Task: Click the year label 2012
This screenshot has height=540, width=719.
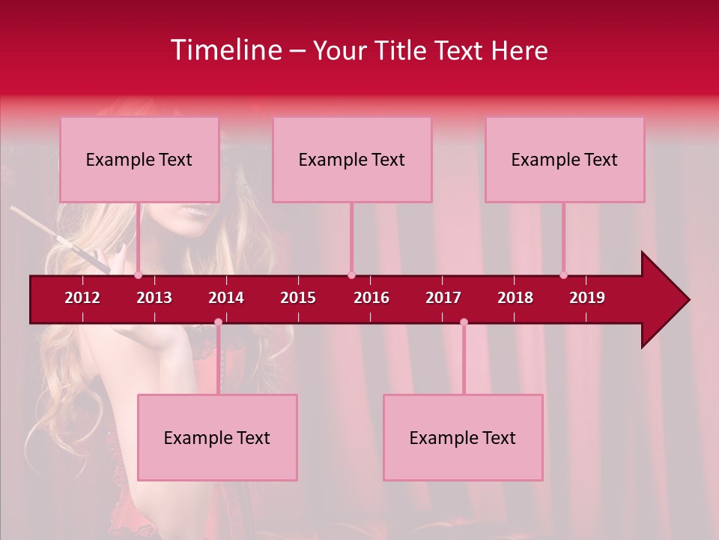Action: point(82,298)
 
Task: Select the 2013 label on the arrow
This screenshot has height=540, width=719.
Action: point(154,298)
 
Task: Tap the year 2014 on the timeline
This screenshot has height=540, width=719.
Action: point(226,298)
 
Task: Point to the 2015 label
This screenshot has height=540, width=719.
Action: point(298,298)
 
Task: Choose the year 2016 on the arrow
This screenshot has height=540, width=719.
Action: point(371,298)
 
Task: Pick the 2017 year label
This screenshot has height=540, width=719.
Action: point(443,298)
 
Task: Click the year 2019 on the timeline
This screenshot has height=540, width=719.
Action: point(587,298)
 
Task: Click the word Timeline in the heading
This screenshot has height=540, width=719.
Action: point(225,50)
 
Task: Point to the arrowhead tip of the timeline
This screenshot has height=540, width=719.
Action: point(688,300)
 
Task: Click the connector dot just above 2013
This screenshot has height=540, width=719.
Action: point(139,274)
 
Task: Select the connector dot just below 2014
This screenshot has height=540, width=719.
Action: point(218,322)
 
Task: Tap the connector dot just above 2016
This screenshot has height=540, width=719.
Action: point(351,274)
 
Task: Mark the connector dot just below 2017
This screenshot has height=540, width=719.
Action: point(464,322)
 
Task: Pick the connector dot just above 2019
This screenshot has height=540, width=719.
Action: point(563,274)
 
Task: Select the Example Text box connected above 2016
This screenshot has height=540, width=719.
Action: point(352,160)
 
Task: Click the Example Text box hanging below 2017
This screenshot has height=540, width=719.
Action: point(463,438)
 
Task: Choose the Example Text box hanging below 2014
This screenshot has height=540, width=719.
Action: point(217,438)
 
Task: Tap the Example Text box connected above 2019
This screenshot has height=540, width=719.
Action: point(565,160)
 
